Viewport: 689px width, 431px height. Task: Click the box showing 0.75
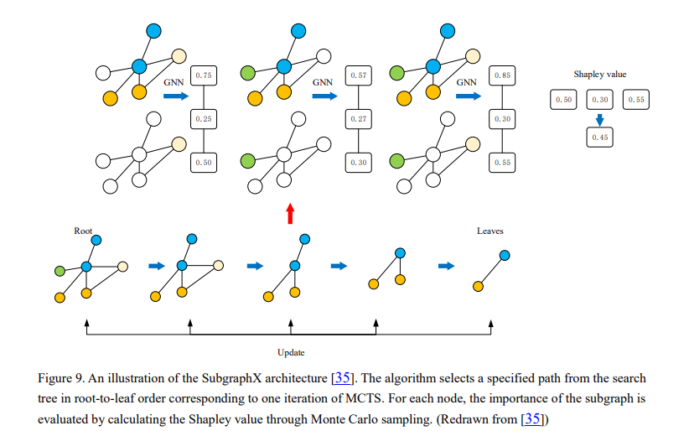(203, 76)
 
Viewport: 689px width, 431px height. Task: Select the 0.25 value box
(203, 119)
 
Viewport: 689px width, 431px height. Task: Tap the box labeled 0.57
(359, 76)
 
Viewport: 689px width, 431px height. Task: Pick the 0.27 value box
(359, 119)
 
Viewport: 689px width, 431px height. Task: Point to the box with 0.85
(502, 76)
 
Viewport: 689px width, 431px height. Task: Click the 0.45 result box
(599, 136)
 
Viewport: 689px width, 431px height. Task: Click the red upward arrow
(290, 213)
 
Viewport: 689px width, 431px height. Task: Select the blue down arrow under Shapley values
(599, 118)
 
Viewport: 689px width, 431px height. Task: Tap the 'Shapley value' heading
(599, 75)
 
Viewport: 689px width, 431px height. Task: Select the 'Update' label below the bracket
(291, 352)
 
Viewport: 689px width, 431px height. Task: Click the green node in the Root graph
(60, 271)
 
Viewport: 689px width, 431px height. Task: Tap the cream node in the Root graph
(122, 266)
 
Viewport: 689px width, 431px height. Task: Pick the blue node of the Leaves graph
(505, 255)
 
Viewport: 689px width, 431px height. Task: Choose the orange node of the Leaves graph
(478, 287)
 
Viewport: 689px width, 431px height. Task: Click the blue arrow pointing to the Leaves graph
(447, 267)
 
